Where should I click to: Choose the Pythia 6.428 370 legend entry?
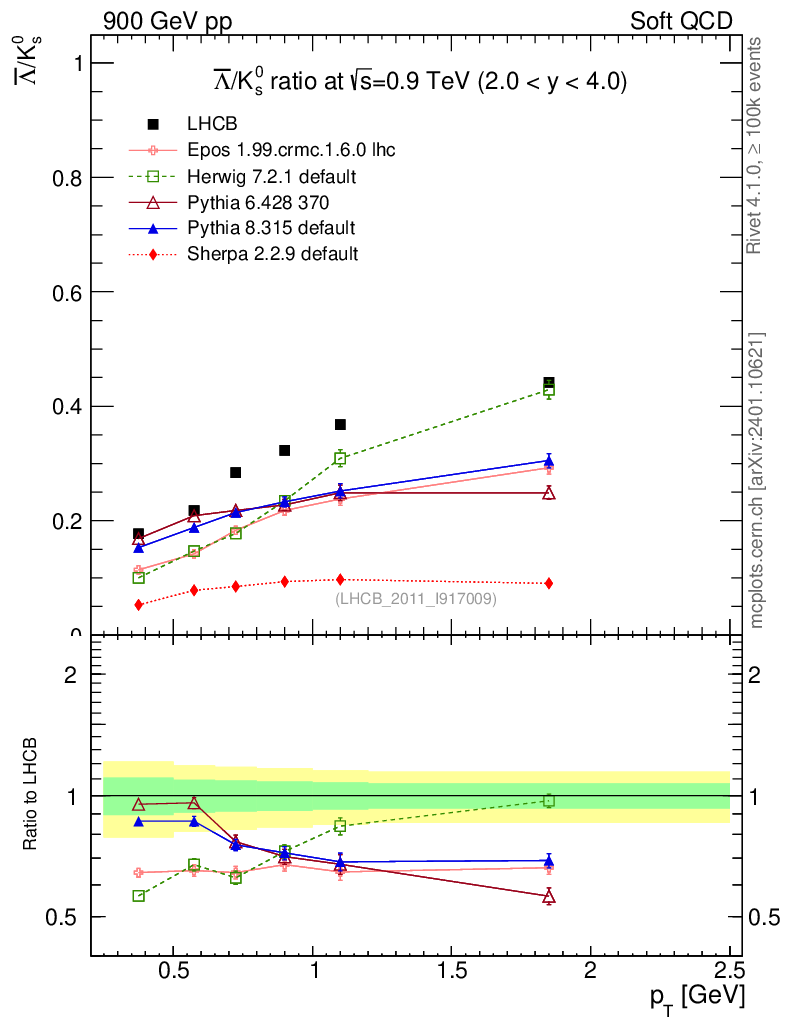(257, 202)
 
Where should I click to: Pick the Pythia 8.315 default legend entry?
(271, 228)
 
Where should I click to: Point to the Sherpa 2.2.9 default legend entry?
(272, 254)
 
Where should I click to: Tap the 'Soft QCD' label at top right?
(681, 21)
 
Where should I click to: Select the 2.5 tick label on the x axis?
(729, 970)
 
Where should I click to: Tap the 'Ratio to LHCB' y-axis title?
(31, 795)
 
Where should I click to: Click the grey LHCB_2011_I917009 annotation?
(415, 598)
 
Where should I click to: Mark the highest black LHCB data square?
(549, 384)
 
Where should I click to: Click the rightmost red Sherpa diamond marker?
(549, 583)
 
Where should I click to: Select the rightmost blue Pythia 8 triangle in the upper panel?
(549, 461)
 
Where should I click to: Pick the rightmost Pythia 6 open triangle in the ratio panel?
(549, 897)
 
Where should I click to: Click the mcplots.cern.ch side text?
(757, 480)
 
